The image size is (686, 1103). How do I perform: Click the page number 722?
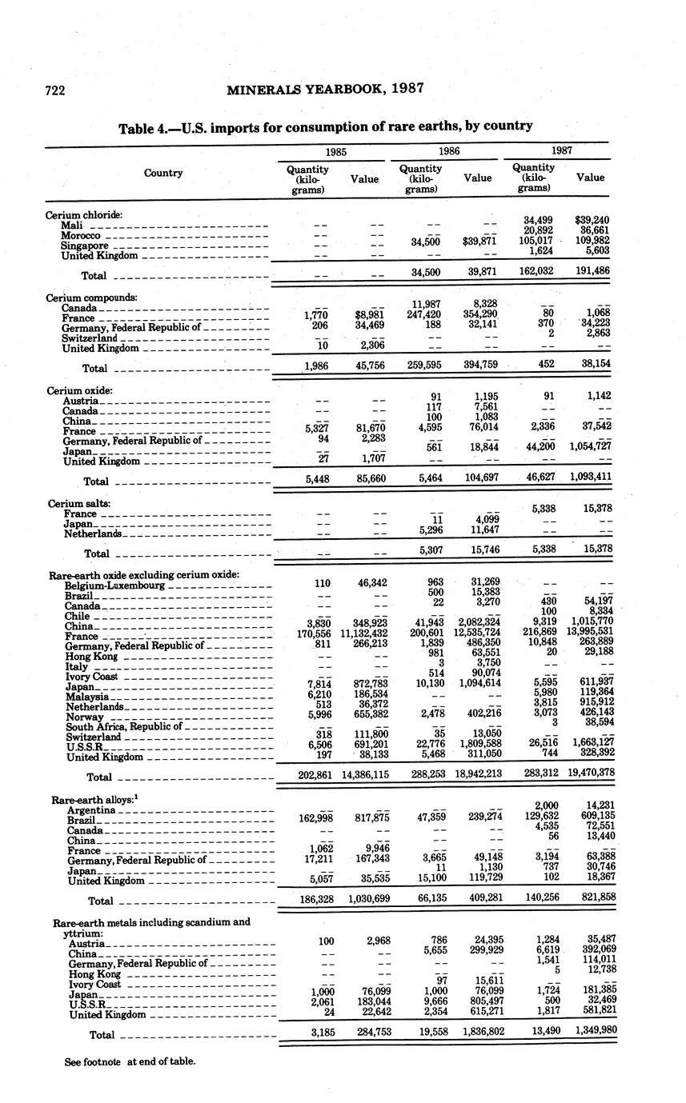pyautogui.click(x=54, y=90)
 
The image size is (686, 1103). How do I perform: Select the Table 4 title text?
pyautogui.click(x=326, y=126)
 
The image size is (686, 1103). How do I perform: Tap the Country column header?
pyautogui.click(x=163, y=173)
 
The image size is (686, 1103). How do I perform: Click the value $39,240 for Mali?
pyautogui.click(x=592, y=219)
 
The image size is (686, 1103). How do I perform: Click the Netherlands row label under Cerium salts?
pyautogui.click(x=93, y=534)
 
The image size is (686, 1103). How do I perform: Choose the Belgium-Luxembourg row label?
pyautogui.click(x=114, y=585)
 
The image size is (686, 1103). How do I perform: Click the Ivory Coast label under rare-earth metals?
pyautogui.click(x=94, y=984)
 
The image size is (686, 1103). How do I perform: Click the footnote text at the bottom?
pyautogui.click(x=130, y=1062)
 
